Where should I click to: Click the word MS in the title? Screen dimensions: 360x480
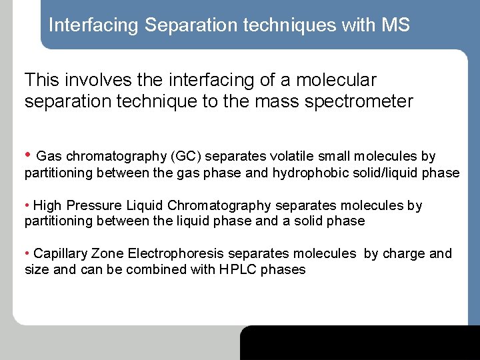[396, 25]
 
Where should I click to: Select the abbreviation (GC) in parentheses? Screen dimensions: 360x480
[187, 157]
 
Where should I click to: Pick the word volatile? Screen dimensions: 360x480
[293, 157]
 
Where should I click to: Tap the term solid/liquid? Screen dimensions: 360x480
[387, 173]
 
